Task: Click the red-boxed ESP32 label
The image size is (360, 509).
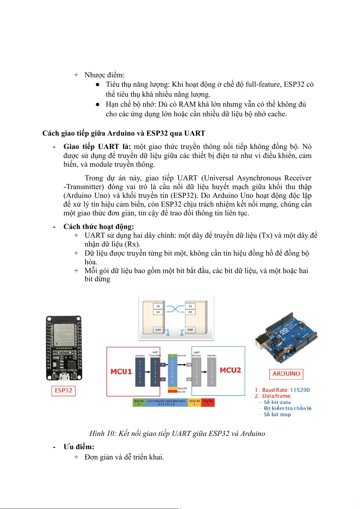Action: coord(63,391)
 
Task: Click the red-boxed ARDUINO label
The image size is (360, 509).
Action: coord(286,374)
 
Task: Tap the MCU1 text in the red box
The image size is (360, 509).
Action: coord(121,372)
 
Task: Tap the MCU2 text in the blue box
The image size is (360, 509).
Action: coord(230,370)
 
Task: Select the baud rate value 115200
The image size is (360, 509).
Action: coord(300,390)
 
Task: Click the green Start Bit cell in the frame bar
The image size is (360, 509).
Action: coord(139,402)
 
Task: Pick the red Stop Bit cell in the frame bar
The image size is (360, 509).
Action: coord(208,402)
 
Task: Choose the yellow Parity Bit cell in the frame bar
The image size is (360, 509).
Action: coord(194,402)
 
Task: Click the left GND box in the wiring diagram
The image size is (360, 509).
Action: coord(158,330)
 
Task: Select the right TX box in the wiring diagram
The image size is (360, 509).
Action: coord(190,306)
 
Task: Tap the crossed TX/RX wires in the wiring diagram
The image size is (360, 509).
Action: coord(175,309)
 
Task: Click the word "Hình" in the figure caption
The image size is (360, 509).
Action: coord(97,433)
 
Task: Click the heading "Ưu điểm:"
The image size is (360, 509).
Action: coord(79,447)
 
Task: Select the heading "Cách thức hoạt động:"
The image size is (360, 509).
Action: coord(99,227)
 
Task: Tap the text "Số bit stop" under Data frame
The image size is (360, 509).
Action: coord(277,414)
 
